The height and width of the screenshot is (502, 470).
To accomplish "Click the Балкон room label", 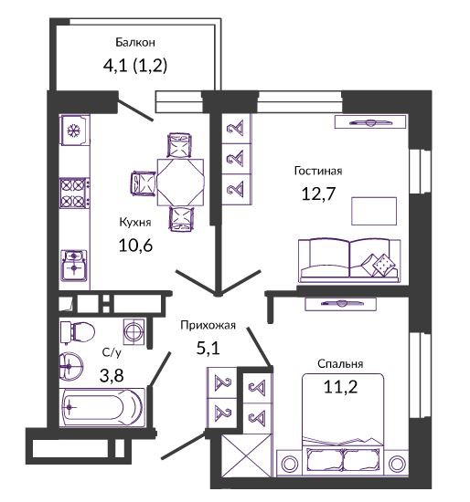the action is [x=135, y=42].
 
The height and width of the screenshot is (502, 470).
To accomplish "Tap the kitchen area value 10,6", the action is [x=135, y=246].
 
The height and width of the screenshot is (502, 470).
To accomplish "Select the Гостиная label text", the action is [x=318, y=171].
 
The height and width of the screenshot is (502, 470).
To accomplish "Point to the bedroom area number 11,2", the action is [x=340, y=387].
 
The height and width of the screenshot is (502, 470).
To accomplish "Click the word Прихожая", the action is [x=208, y=325].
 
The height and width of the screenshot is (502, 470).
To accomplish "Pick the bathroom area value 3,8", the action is [x=112, y=375].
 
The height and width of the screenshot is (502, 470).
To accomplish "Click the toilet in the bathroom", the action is [x=78, y=332].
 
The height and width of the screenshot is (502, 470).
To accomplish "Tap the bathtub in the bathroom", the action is [x=102, y=407].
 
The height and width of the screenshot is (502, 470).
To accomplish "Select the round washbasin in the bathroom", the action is [x=71, y=367].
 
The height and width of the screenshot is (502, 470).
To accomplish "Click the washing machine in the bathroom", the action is [x=134, y=331].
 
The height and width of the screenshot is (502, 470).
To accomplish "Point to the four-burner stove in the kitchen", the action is [x=74, y=193].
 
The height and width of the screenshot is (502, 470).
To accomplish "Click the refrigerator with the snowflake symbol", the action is [x=74, y=131].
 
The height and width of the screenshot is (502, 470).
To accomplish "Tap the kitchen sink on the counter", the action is [x=74, y=266].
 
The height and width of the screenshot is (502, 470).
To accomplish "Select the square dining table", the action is [x=180, y=183].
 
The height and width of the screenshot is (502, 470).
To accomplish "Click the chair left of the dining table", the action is [x=144, y=183].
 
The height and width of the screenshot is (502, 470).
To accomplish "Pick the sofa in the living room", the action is [x=349, y=260].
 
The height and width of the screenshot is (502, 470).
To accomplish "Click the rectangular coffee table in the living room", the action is [x=374, y=211].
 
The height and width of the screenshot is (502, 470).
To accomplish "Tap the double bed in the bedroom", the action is [x=343, y=424].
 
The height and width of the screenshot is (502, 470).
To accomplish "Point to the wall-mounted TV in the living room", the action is [x=370, y=122].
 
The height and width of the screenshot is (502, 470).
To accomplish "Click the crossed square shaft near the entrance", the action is [x=246, y=455].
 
